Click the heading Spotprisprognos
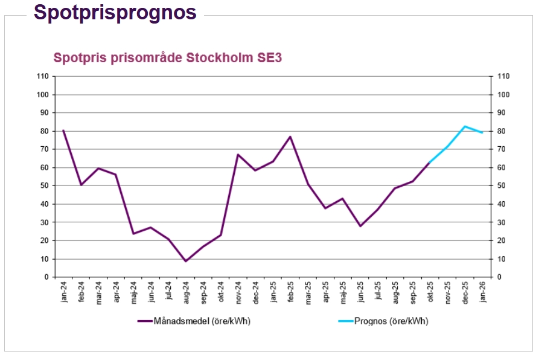[x=115, y=12]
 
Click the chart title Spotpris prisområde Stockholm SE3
[x=168, y=58]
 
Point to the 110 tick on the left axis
[x=42, y=76]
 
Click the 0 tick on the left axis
[x=46, y=277]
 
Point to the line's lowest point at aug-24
[x=186, y=261]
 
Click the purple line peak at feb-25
[x=290, y=137]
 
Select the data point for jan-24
[x=63, y=130]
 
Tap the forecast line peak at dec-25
[x=465, y=126]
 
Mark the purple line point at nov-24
[x=238, y=155]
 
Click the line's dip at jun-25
[x=360, y=226]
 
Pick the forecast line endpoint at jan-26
[x=482, y=132]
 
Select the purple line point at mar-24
[x=98, y=168]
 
